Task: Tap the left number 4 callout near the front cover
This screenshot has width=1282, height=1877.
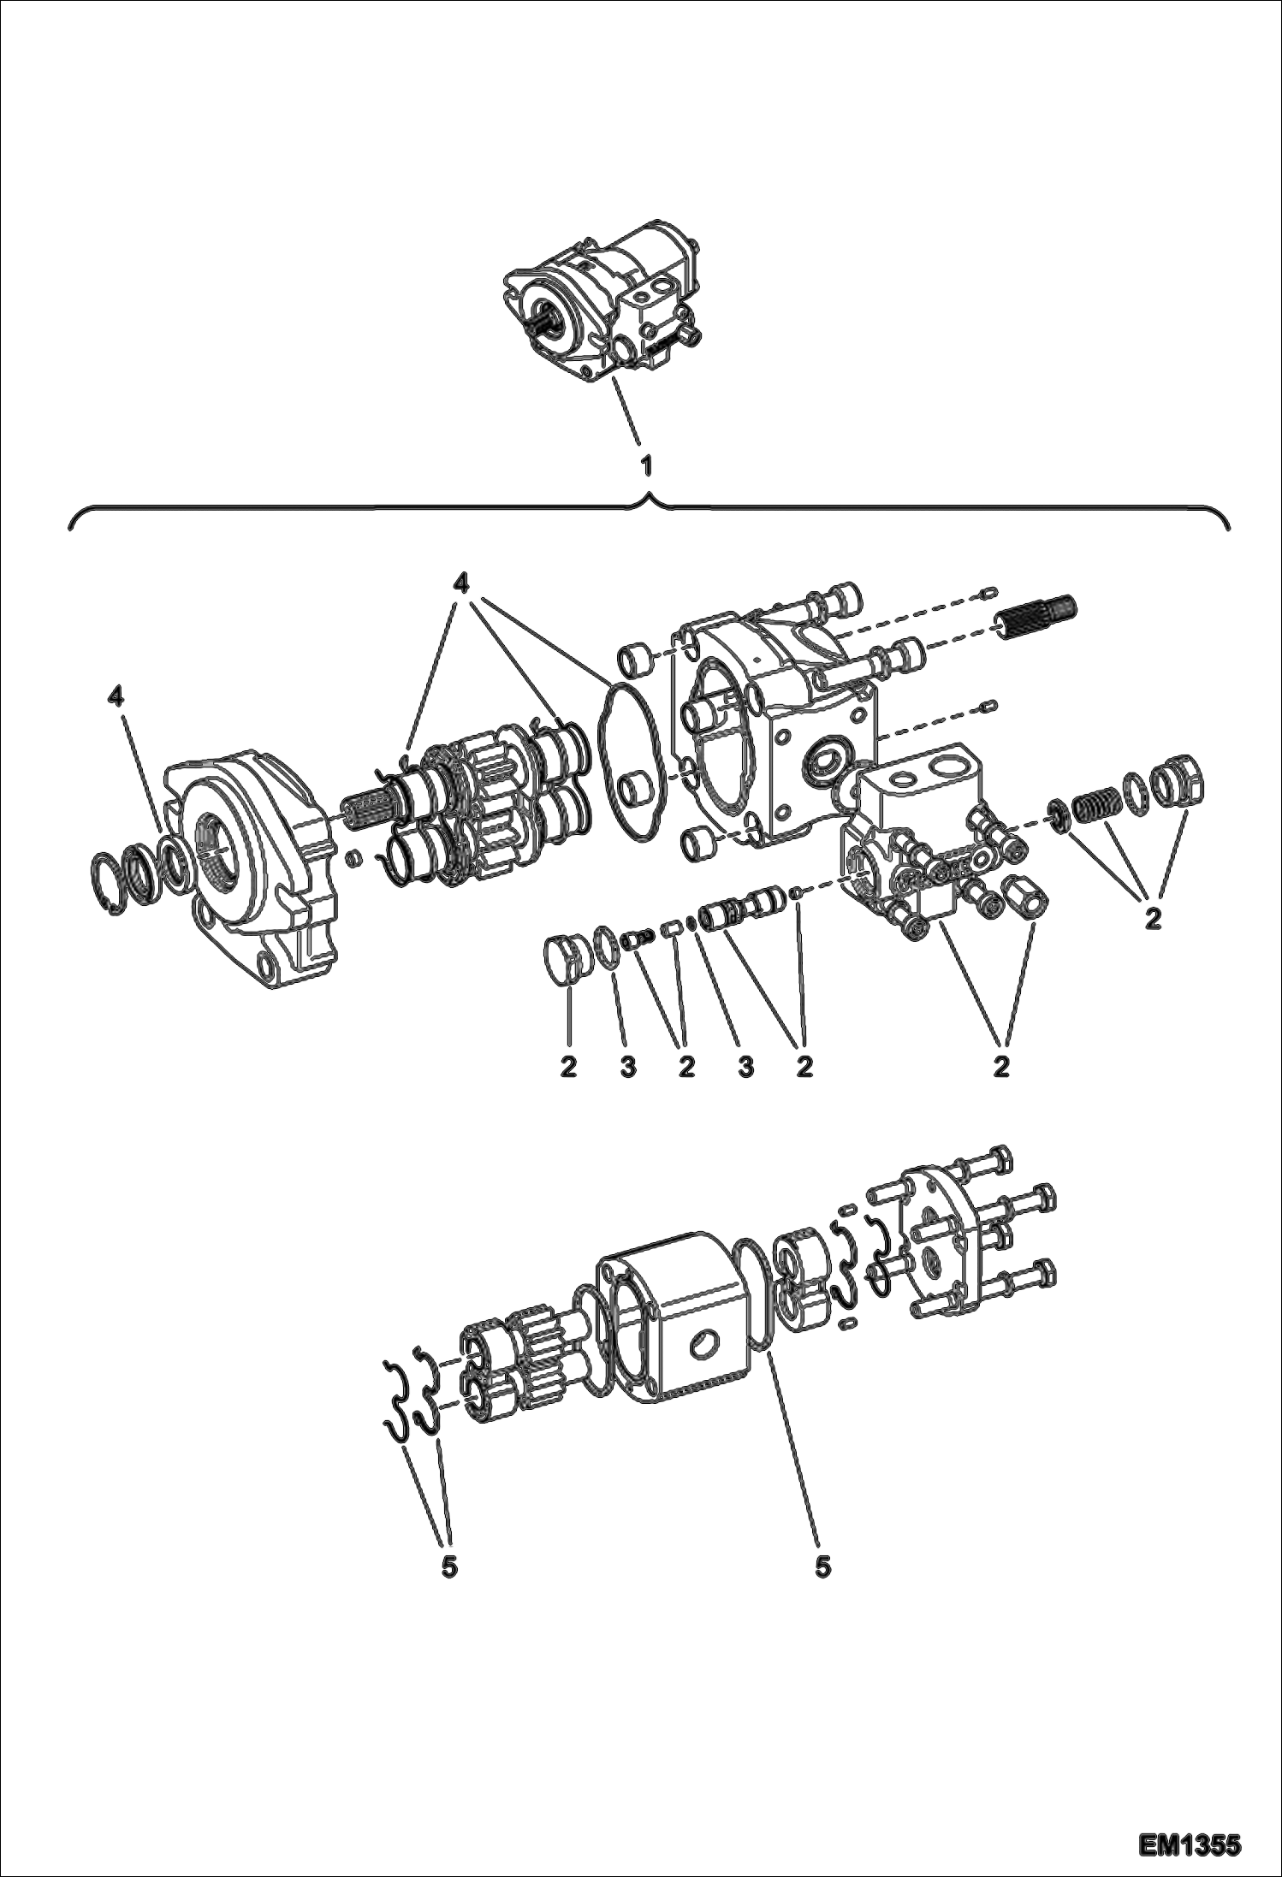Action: click(x=115, y=697)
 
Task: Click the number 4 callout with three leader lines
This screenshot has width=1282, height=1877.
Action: click(x=461, y=583)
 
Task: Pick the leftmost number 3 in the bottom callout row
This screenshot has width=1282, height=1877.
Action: click(x=627, y=1067)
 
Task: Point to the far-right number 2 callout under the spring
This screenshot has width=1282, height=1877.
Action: click(x=1153, y=920)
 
